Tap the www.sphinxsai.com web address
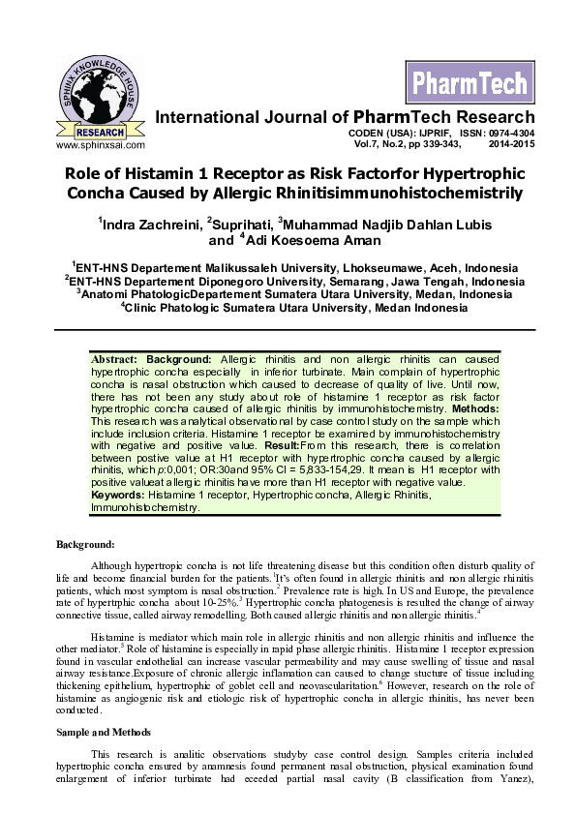pyautogui.click(x=101, y=145)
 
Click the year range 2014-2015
pyautogui.click(x=511, y=144)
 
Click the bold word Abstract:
pyautogui.click(x=112, y=359)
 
